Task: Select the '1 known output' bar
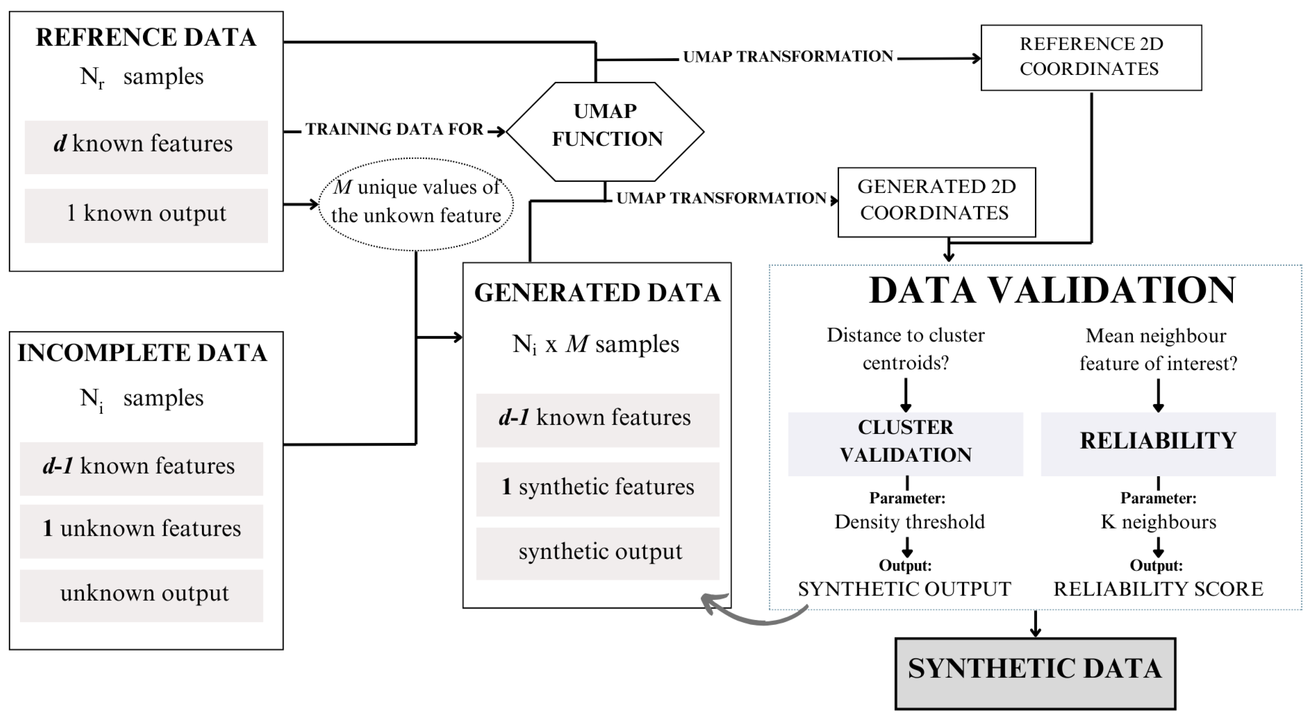coord(146,215)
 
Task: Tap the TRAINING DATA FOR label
coord(394,129)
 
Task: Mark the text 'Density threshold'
coord(909,522)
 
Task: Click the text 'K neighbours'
coord(1158,522)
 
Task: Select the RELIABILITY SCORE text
coord(1158,589)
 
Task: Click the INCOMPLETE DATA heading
coord(142,353)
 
